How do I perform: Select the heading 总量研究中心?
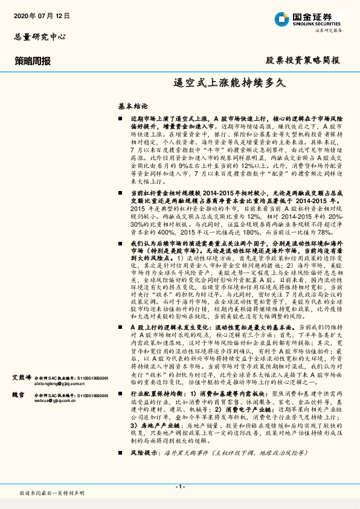coord(39,36)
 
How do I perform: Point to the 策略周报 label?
coord(33,60)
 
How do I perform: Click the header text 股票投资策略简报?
coord(303,60)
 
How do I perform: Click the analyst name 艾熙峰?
coord(22,377)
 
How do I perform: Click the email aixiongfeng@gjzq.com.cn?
coord(41,383)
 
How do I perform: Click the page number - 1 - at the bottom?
coord(179,487)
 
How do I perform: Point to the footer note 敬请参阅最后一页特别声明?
coord(51,494)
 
